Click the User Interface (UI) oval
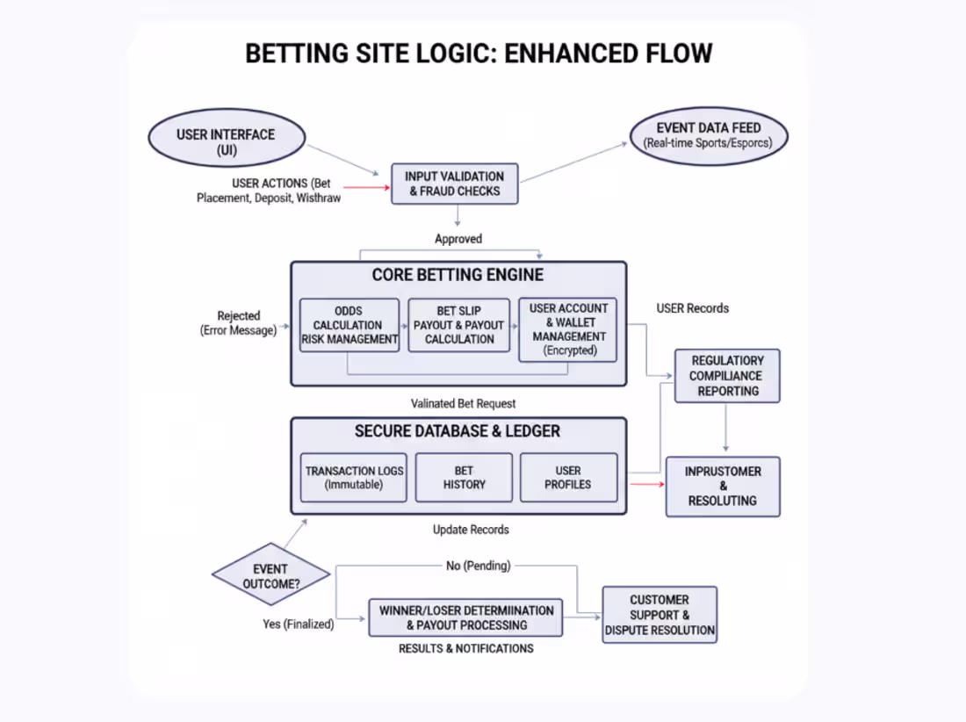tap(226, 142)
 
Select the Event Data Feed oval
tap(709, 135)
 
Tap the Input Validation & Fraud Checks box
tap(454, 184)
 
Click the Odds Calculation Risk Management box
tap(350, 325)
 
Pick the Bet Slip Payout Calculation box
tap(458, 325)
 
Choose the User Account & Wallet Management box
tap(568, 329)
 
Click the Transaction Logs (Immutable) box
tap(354, 477)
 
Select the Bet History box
tap(464, 477)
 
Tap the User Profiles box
tap(568, 477)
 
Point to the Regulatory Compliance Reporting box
tap(726, 376)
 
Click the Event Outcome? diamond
tap(270, 576)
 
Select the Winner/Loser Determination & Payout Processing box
tap(465, 617)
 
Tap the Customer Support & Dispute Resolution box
tap(660, 615)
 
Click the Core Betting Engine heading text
tap(458, 275)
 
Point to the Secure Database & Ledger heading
tap(458, 431)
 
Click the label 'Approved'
tap(458, 239)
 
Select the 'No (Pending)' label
tap(478, 566)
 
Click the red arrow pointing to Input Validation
tap(366, 187)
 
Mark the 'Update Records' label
tap(471, 530)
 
